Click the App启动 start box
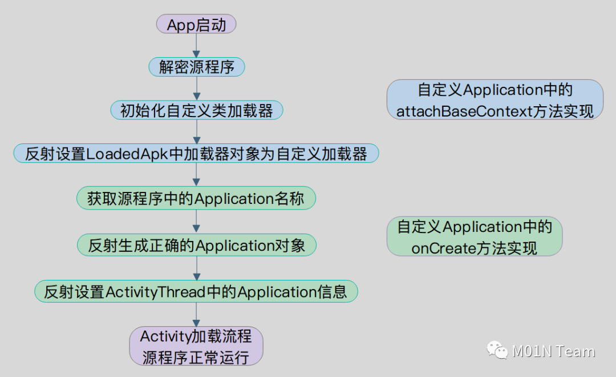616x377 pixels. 196,25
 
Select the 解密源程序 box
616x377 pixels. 196,67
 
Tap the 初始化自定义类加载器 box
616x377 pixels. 196,110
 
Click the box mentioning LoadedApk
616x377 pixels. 196,153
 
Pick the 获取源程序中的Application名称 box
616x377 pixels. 196,199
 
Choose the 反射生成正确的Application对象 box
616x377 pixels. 196,245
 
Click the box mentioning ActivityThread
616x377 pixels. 196,291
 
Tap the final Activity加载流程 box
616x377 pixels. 196,346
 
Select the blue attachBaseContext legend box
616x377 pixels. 495,100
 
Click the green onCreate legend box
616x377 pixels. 475,236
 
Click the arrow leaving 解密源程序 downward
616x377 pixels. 196,89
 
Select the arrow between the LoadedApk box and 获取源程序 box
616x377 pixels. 196,176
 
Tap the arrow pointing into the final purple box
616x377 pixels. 196,314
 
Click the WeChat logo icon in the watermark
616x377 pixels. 497,350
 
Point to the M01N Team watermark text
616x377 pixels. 553,351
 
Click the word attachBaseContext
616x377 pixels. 464,111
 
